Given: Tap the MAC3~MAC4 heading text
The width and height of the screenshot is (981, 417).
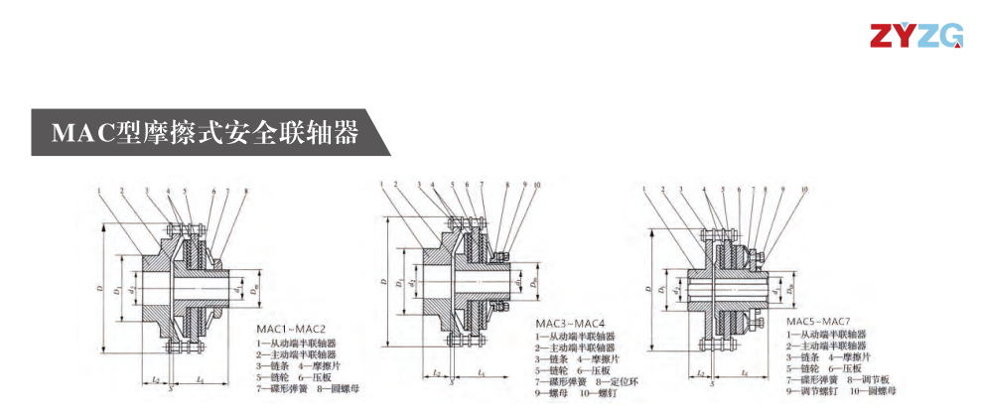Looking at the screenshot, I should coord(570,324).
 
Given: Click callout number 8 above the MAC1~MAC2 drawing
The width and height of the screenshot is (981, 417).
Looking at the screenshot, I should coord(245,190).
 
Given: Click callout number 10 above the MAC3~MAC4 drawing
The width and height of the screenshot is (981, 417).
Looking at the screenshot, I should coord(538,185).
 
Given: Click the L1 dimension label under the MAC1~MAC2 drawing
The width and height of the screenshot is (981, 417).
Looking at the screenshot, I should coord(201,380).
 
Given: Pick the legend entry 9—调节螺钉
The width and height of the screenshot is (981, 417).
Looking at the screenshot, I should coord(814,391).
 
